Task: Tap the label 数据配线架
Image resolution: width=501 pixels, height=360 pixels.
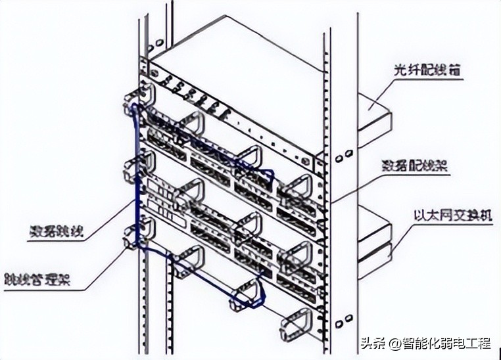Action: click(414, 166)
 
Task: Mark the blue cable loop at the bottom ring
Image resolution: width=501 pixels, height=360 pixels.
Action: click(247, 298)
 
